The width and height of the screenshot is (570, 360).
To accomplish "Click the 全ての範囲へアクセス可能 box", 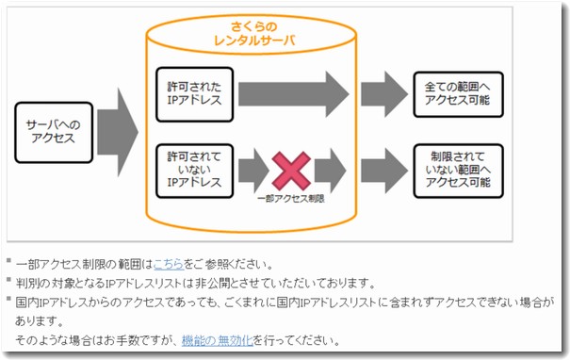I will coord(451,93).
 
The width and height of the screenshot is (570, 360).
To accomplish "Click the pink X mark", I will coord(292,171).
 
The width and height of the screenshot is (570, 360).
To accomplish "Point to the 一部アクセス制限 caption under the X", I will coord(290,199).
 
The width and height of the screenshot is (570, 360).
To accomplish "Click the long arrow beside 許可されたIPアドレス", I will coord(293,93).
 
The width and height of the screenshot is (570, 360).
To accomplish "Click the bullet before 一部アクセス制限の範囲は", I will coord(8,263).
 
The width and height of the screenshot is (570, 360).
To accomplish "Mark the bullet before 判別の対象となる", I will coord(8,282).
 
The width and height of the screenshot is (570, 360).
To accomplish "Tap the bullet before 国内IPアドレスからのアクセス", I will coord(8,301).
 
